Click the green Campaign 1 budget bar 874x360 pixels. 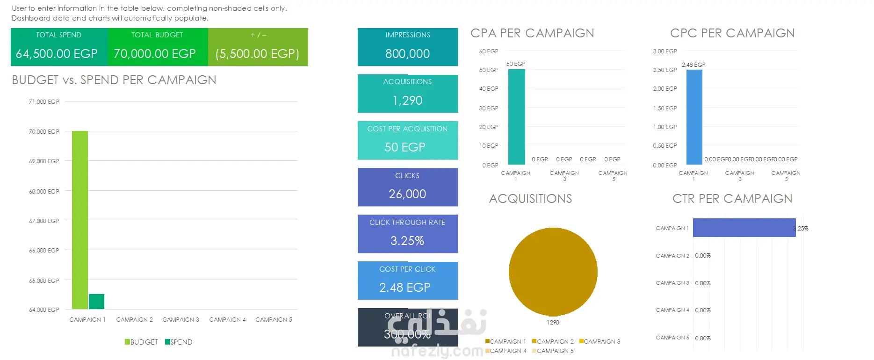[x=79, y=220]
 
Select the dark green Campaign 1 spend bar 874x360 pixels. [x=96, y=302]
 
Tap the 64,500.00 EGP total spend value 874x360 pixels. [x=57, y=54]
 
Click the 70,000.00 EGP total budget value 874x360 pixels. [x=155, y=54]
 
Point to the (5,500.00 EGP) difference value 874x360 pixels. [x=257, y=54]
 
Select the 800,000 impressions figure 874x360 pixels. [x=407, y=54]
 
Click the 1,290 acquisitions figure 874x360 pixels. [x=407, y=101]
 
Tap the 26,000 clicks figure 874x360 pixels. [x=407, y=194]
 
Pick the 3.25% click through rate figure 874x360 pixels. [x=407, y=241]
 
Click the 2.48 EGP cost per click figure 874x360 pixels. [x=405, y=288]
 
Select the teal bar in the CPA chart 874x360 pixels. [x=516, y=117]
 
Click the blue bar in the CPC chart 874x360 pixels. [x=694, y=117]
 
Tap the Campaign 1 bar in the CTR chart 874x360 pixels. [x=744, y=228]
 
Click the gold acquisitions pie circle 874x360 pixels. [x=553, y=272]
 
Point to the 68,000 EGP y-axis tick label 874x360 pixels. [x=44, y=191]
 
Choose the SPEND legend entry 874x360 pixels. [x=179, y=342]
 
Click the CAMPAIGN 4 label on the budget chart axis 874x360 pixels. [x=227, y=320]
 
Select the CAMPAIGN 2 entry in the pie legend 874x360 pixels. [x=553, y=342]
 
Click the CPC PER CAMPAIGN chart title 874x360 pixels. [x=732, y=33]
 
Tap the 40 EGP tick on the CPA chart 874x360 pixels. [x=489, y=89]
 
